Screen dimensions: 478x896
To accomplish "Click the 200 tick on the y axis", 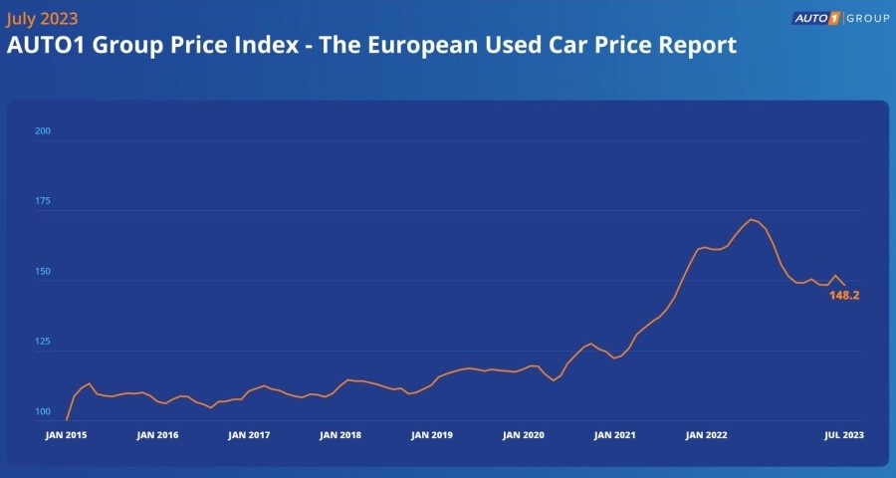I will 42,131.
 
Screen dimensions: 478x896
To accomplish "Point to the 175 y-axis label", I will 42,201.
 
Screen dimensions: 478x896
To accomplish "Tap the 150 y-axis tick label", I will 42,272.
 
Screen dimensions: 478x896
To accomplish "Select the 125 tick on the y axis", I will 42,342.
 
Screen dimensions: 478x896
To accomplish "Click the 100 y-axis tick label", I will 42,412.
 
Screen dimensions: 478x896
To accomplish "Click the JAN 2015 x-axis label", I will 66,435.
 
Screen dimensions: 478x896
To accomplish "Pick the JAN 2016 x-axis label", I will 157,435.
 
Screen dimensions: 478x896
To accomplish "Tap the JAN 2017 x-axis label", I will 249,435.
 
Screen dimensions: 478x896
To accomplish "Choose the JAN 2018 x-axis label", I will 340,435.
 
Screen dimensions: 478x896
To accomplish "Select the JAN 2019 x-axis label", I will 432,435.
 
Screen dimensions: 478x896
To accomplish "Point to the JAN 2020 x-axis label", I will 524,435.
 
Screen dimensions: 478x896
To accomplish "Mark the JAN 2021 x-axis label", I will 615,435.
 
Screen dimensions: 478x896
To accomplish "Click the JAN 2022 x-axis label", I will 707,435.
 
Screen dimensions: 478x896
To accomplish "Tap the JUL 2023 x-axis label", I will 844,435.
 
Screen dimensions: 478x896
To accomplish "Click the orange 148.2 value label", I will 844,296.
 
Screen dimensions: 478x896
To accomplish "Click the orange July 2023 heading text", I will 42,19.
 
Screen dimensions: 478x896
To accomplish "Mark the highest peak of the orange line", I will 751,219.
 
